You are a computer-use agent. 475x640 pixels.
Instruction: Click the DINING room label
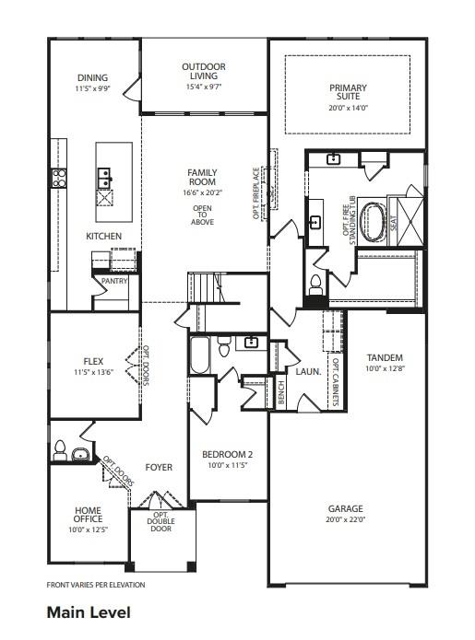(x=92, y=79)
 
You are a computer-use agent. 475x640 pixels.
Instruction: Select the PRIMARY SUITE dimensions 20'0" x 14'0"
(x=348, y=107)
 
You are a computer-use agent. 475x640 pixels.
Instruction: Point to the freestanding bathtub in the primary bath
(x=374, y=222)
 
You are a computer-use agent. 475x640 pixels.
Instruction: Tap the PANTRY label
(x=114, y=281)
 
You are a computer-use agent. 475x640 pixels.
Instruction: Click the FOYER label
(x=159, y=468)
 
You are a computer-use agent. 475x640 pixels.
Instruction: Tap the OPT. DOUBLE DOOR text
(x=160, y=522)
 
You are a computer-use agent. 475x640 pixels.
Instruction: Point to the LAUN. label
(x=308, y=373)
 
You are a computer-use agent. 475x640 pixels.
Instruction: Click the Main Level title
(x=89, y=611)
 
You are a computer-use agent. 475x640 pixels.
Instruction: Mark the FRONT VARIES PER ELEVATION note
(x=95, y=585)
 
